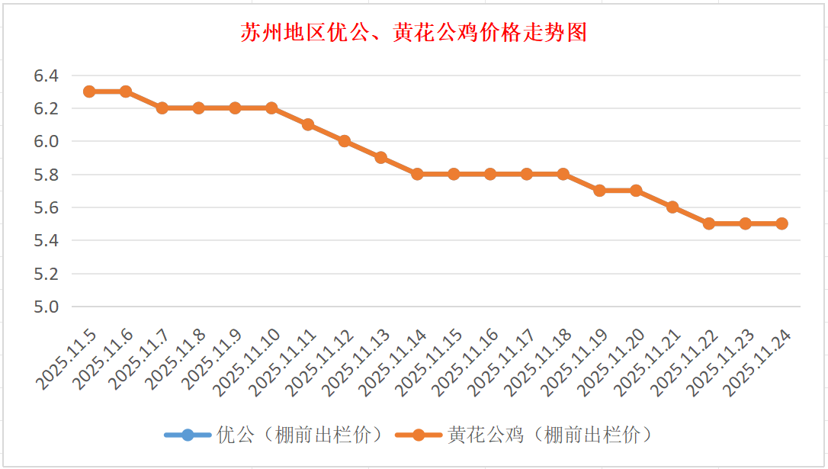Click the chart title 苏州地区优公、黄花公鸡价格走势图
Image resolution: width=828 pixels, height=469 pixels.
(x=413, y=33)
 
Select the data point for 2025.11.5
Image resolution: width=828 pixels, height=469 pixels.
(x=89, y=92)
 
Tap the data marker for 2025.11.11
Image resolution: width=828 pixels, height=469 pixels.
(x=308, y=124)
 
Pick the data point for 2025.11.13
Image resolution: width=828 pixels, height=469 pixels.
(x=381, y=158)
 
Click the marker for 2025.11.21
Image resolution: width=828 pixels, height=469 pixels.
(x=672, y=207)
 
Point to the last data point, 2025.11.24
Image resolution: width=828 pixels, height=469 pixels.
(x=781, y=223)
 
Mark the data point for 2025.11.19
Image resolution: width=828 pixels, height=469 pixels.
(x=599, y=191)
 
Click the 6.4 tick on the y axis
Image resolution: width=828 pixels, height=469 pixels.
(x=46, y=75)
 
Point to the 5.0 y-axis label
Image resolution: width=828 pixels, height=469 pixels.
(x=46, y=307)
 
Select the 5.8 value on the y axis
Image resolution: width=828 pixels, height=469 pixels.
(x=46, y=175)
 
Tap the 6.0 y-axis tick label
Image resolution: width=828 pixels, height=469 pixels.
(x=46, y=141)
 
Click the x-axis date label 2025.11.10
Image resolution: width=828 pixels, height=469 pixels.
(x=248, y=363)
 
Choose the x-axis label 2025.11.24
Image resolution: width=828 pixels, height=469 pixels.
(x=758, y=363)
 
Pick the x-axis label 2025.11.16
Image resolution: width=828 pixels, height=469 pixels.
(x=467, y=363)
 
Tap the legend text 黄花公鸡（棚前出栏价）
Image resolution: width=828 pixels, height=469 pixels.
(x=550, y=435)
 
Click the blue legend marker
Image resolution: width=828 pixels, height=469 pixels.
(x=188, y=435)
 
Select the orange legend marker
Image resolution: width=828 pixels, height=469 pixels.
(x=418, y=435)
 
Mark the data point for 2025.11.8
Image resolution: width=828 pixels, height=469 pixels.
(x=198, y=108)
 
